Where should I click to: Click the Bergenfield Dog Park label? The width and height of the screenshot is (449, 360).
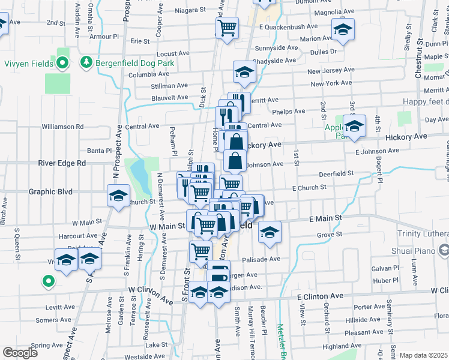click(123, 62)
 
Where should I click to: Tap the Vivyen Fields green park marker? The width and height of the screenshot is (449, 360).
click(62, 62)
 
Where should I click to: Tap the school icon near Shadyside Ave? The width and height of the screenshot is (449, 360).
click(244, 73)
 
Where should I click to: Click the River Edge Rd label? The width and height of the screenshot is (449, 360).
click(62, 163)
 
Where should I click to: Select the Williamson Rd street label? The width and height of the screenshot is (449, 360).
click(62, 127)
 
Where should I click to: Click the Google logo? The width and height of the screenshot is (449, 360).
click(20, 353)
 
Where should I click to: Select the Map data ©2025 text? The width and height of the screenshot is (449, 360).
click(423, 355)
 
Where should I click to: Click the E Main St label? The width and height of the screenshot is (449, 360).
click(325, 219)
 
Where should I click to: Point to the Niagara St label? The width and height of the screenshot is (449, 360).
click(190, 11)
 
